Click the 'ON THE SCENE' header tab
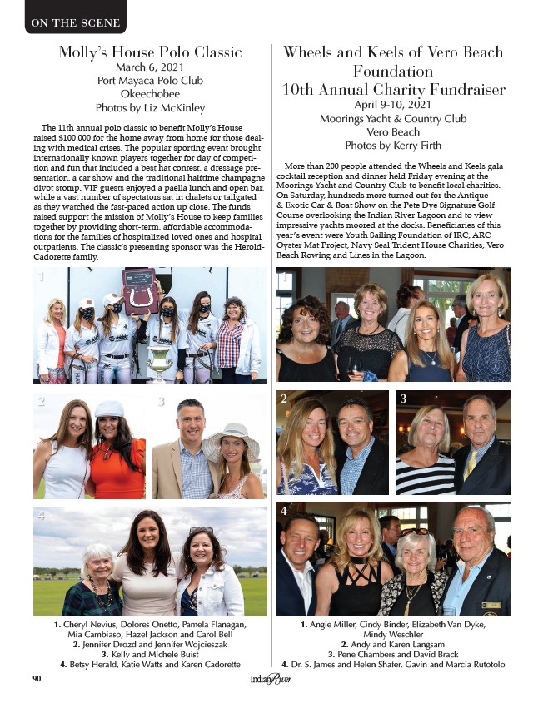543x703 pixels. click(x=75, y=22)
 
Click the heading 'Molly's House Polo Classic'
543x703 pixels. click(x=150, y=52)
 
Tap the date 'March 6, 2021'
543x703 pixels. click(x=150, y=67)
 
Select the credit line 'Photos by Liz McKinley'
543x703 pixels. click(x=150, y=107)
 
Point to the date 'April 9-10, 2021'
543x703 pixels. click(x=393, y=105)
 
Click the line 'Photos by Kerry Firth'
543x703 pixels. click(x=393, y=145)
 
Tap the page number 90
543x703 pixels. click(x=37, y=679)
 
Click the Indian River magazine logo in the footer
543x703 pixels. click(x=271, y=680)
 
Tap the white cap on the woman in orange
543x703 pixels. click(x=109, y=408)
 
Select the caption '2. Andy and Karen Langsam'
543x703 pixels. click(x=393, y=644)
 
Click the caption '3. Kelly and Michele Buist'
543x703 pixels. click(x=151, y=654)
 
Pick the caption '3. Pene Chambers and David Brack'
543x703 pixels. click(x=393, y=654)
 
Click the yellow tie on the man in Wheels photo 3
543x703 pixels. click(x=471, y=462)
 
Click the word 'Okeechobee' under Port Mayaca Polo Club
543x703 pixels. click(x=150, y=94)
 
